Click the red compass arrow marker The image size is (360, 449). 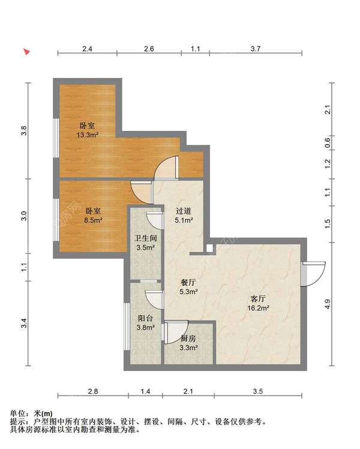pos(27,52)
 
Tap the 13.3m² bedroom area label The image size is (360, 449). pos(87,135)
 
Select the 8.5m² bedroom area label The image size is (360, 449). pos(93,220)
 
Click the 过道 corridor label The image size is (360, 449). pos(184,211)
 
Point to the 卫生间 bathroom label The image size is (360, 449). pos(146,238)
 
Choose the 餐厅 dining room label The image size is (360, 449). pos(188,283)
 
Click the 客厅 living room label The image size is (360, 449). pos(258,299)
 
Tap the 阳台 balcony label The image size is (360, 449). pos(145,318)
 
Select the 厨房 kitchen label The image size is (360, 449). pos(188,339)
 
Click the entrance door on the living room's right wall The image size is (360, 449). pos(313,274)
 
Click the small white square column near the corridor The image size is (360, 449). pos(210,248)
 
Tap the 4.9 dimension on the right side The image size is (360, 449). pos(328,304)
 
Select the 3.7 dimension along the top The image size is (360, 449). pos(256,49)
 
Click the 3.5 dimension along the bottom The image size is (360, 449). pos(258,391)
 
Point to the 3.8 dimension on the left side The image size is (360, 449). pos(24,131)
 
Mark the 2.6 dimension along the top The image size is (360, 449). pos(149,49)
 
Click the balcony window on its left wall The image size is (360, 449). pos(127,326)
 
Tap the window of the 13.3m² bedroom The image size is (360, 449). pos(56,137)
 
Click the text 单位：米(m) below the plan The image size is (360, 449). pos(31,414)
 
